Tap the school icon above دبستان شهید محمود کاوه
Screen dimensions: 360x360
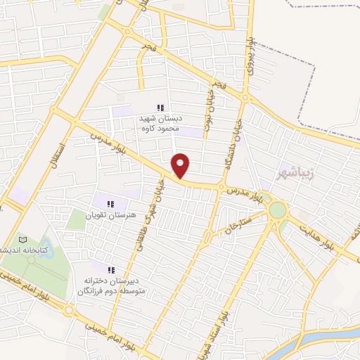click(160, 108)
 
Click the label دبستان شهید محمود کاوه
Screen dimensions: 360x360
click(160, 124)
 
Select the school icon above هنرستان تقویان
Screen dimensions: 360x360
click(110, 203)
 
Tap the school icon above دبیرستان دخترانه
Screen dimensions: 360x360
click(110, 270)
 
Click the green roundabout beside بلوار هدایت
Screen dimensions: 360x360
click(278, 210)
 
